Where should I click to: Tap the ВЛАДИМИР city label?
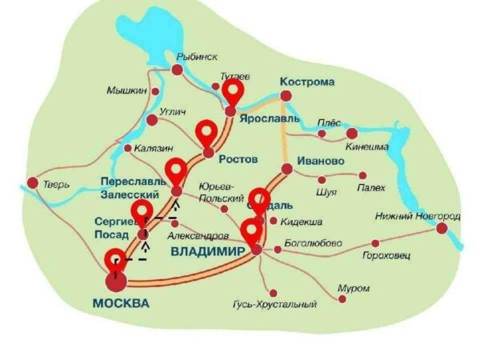pyautogui.click(x=206, y=252)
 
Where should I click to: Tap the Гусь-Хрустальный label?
pyautogui.click(x=274, y=304)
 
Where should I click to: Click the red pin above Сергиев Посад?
pyautogui.click(x=142, y=213)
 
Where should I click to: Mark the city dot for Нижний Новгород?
pyautogui.click(x=442, y=228)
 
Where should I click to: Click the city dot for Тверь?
pyautogui.click(x=32, y=183)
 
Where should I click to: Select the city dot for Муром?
pyautogui.click(x=341, y=298)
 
